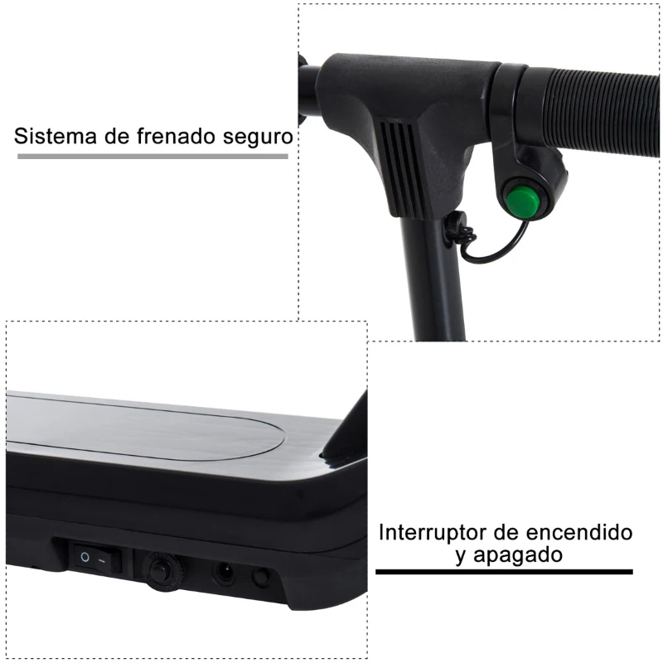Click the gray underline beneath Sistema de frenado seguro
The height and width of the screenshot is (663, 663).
[152, 156]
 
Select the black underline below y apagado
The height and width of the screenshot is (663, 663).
[504, 572]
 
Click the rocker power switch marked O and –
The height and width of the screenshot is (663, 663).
[96, 559]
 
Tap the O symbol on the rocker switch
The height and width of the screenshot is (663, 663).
[85, 559]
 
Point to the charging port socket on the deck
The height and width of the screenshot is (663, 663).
[224, 572]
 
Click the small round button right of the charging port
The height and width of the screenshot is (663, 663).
[261, 577]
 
